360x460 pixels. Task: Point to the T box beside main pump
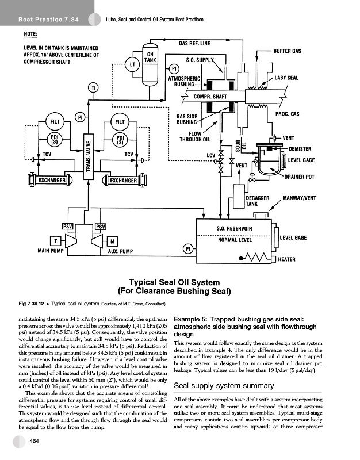53,240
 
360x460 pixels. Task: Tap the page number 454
35,440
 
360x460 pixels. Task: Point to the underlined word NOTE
30,34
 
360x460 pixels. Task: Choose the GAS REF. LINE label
194,43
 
